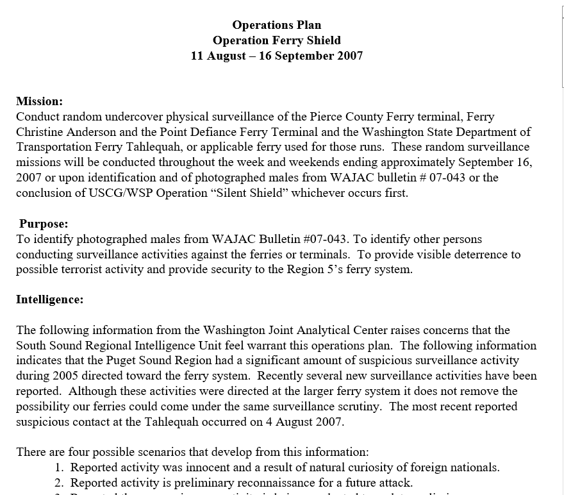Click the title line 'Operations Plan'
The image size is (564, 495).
(x=276, y=25)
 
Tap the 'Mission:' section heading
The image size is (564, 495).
(x=39, y=101)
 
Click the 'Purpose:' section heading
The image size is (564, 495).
(x=44, y=224)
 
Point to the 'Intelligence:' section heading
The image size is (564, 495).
(x=49, y=299)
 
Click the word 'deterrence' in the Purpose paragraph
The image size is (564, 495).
(x=475, y=255)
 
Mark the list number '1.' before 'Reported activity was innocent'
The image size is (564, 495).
(x=59, y=467)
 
